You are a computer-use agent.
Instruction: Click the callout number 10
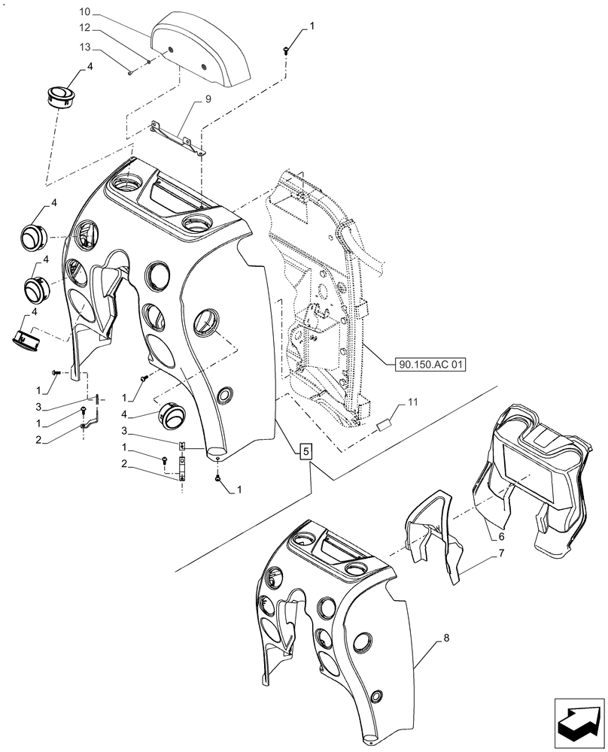pos(85,13)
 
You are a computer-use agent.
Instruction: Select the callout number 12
pos(85,28)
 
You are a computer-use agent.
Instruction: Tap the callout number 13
pos(85,47)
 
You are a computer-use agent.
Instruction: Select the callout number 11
pos(412,404)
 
